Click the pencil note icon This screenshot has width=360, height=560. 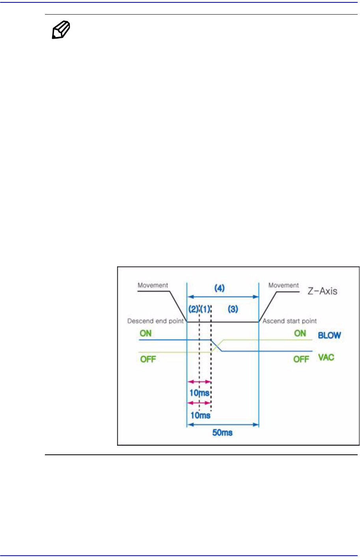point(61,30)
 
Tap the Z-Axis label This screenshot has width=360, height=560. point(322,291)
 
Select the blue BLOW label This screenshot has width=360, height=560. point(329,335)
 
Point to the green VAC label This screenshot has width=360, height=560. point(326,357)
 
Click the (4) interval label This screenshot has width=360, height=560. point(219,288)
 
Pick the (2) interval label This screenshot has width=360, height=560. point(193,309)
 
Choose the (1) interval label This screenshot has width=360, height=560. point(205,309)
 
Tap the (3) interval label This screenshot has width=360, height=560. point(233,309)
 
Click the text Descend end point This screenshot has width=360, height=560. point(155,321)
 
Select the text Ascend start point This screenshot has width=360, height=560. point(290,321)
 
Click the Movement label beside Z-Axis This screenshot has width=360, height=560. point(284,285)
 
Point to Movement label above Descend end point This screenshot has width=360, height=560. point(153,285)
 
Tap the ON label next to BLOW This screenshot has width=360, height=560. point(300,333)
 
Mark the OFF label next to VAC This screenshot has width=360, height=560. point(301,359)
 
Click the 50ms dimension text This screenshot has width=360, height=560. point(222,432)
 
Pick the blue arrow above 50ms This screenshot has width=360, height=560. point(222,424)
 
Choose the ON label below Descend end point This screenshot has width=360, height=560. point(145,333)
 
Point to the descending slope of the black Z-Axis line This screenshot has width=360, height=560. point(178,307)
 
